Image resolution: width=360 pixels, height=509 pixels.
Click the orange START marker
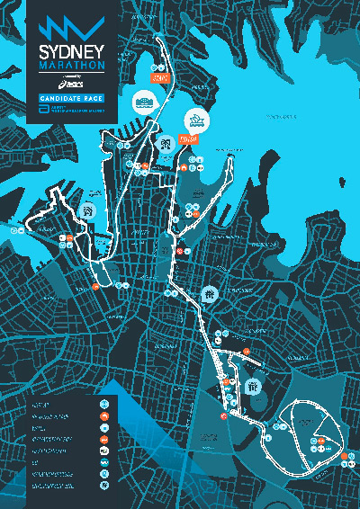coord(162,78)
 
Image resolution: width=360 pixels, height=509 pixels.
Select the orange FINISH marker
coord(187,139)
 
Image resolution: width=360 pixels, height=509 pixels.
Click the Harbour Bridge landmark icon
coord(144,99)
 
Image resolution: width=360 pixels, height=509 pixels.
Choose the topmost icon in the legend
coord(104,403)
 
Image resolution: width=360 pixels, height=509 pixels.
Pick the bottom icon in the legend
coord(104,484)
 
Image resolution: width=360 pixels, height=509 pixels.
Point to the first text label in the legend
coord(41,403)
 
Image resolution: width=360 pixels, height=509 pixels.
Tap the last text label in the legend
coord(49,484)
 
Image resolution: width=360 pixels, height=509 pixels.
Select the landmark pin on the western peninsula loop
coord(88,210)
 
